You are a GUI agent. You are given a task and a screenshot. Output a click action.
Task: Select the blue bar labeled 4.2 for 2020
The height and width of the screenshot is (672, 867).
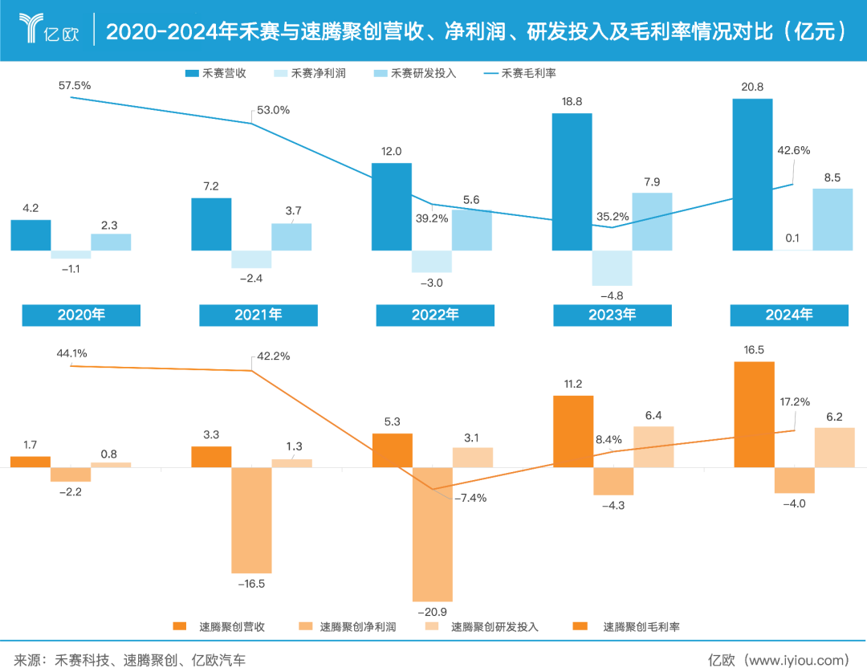(31, 235)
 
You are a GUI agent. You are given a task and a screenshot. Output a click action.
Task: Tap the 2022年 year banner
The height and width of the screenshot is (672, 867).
(435, 315)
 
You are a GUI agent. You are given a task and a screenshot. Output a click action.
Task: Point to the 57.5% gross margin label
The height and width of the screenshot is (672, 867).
(75, 84)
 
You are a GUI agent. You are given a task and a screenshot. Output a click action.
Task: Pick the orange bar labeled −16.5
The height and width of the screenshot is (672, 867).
(251, 519)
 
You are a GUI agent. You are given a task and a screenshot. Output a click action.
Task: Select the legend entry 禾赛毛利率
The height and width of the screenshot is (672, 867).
(520, 73)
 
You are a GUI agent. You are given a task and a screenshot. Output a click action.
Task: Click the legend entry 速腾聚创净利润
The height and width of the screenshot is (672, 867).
(348, 626)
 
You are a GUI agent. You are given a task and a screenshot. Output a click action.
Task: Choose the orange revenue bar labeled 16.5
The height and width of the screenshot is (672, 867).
(755, 413)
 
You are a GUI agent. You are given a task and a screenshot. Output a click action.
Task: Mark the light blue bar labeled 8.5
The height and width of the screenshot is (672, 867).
(832, 219)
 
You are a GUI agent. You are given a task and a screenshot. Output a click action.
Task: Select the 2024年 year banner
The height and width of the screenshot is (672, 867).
(788, 315)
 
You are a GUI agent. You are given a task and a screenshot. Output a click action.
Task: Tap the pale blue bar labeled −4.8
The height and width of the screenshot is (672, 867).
(612, 268)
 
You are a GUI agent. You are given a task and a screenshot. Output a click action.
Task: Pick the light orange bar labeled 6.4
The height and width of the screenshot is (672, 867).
(653, 446)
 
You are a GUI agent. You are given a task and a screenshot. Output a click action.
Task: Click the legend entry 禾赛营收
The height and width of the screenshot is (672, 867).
(215, 73)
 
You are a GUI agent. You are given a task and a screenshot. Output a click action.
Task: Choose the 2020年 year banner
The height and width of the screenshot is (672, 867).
(81, 315)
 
